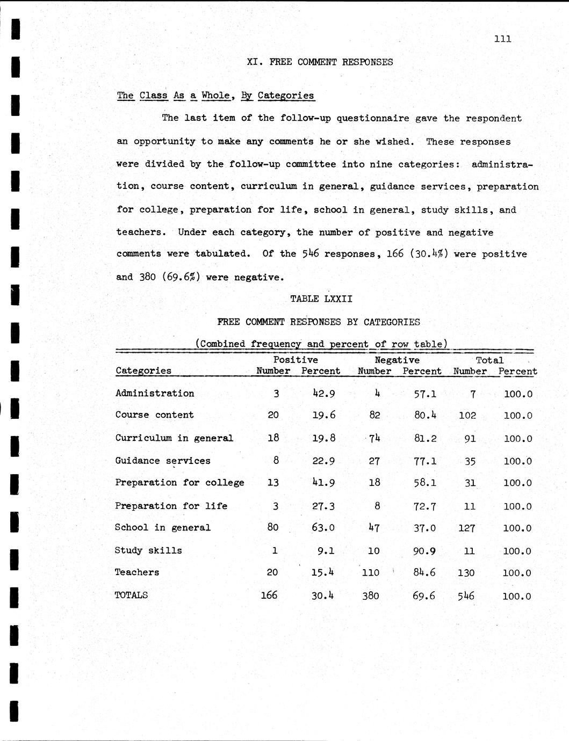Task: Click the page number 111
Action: pyautogui.click(x=502, y=39)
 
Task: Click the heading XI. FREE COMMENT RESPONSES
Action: pyautogui.click(x=320, y=62)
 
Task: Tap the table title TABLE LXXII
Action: pyautogui.click(x=321, y=299)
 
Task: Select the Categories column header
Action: pyautogui.click(x=143, y=370)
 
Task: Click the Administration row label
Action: pyautogui.click(x=155, y=393)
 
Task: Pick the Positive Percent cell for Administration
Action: pyautogui.click(x=323, y=394)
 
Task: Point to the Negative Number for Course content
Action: pyautogui.click(x=374, y=415)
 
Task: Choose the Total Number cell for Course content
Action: pyautogui.click(x=468, y=416)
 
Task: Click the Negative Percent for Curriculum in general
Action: pyautogui.click(x=425, y=438)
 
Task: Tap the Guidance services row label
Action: pyautogui.click(x=163, y=461)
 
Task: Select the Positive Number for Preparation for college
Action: pyautogui.click(x=273, y=483)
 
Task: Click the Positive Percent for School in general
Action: pyautogui.click(x=323, y=528)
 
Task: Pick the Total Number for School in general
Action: pyautogui.click(x=466, y=528)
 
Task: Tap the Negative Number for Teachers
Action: pyautogui.click(x=371, y=573)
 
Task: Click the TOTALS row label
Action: pyautogui.click(x=132, y=595)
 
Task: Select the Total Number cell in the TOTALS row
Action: pyautogui.click(x=465, y=595)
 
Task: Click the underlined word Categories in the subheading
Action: pyautogui.click(x=285, y=96)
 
